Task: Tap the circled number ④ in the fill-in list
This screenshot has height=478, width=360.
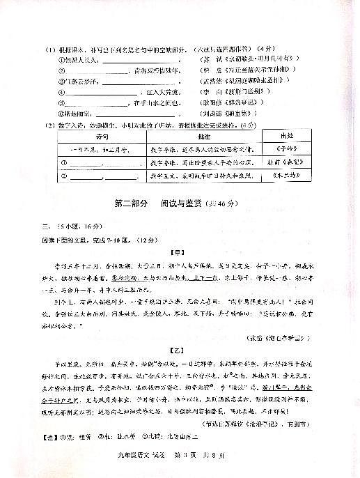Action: tap(61, 91)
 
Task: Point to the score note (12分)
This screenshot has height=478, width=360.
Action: tap(148, 240)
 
